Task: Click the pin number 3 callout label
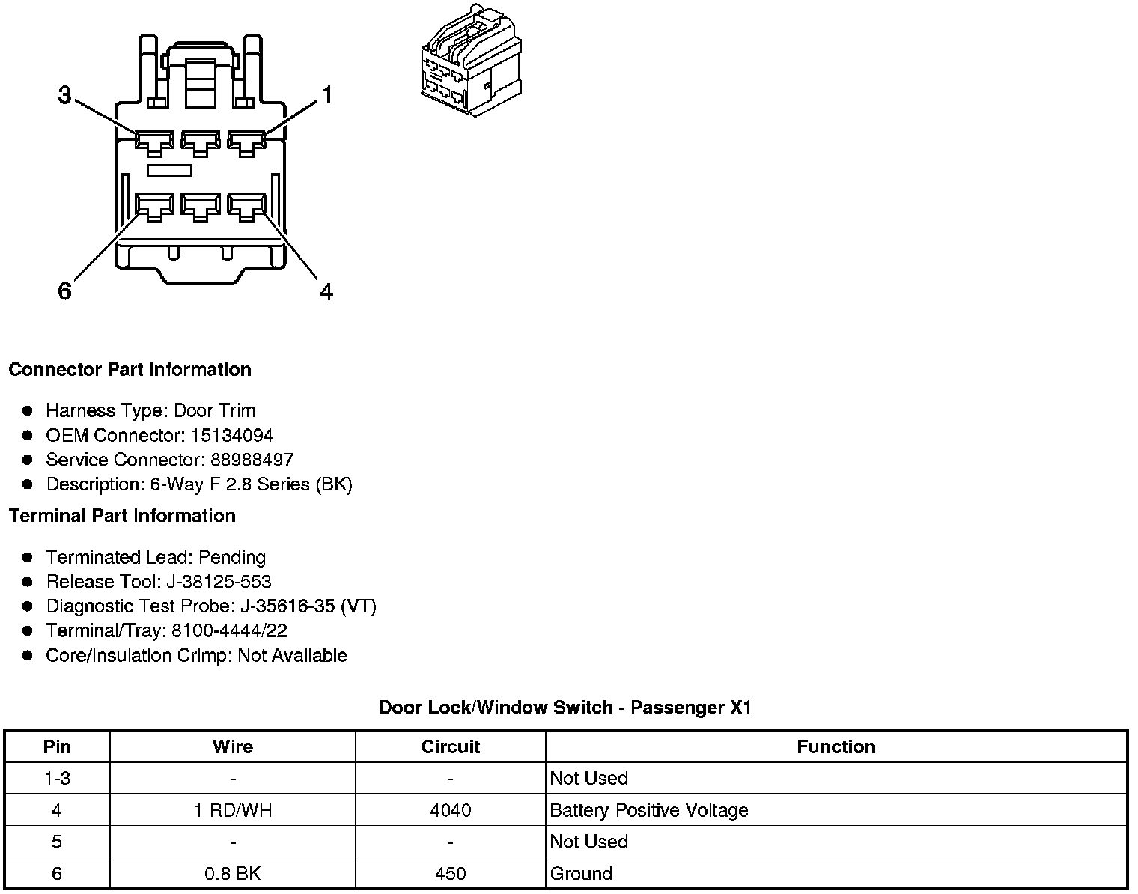[65, 96]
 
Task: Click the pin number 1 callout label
[326, 96]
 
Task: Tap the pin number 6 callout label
[65, 291]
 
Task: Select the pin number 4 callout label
[326, 291]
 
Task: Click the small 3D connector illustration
[470, 60]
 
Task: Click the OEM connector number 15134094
[232, 435]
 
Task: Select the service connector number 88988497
[252, 460]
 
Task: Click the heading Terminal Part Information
[122, 516]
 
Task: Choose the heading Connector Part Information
[130, 370]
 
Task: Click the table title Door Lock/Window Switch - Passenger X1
[565, 708]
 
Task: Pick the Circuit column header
[451, 746]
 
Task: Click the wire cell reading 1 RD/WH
[233, 810]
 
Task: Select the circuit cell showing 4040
[451, 810]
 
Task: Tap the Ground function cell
[582, 873]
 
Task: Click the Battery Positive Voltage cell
[649, 810]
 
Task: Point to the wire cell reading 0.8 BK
[233, 873]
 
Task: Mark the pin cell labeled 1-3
[57, 779]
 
